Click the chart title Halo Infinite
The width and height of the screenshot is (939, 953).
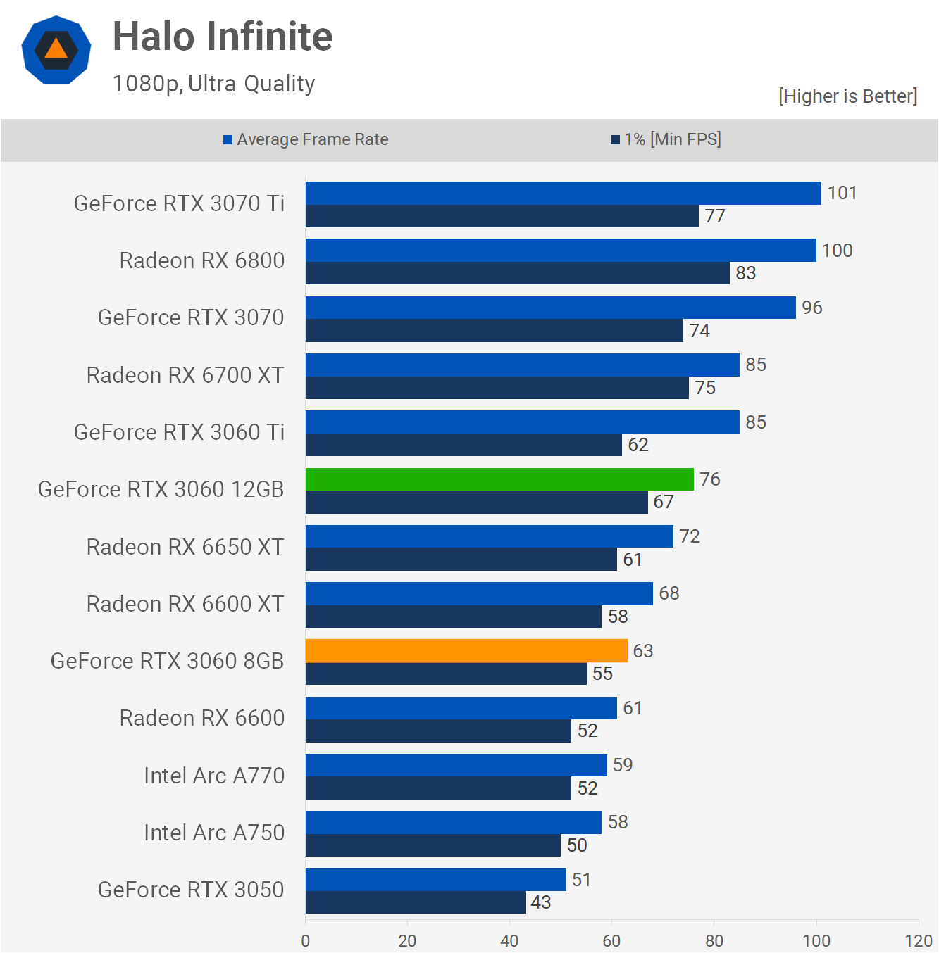pos(223,37)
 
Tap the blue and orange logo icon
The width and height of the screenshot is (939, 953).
pos(56,50)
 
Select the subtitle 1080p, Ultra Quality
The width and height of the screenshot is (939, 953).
pos(213,84)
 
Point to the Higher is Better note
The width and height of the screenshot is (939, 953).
pos(847,96)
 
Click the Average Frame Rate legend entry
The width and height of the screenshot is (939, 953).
pos(306,139)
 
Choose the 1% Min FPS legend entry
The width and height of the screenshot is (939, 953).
pos(666,139)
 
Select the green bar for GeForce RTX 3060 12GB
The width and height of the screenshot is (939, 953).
pos(499,479)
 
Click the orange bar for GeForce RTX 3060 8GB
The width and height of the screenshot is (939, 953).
pos(466,650)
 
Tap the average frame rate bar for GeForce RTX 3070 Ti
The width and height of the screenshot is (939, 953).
pos(563,194)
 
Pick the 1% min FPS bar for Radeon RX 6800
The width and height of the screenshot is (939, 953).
pos(517,273)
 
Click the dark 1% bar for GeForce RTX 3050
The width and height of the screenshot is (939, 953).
pos(416,902)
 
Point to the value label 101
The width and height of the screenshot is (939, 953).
pos(842,193)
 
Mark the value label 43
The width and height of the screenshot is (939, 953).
pos(540,902)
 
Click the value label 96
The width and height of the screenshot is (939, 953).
pos(811,308)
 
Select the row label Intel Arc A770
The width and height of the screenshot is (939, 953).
pos(214,776)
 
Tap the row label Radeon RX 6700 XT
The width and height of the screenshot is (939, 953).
pos(185,375)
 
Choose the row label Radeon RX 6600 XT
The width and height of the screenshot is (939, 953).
pos(185,604)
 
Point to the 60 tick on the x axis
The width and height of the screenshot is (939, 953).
pos(611,940)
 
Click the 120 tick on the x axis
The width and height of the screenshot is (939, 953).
pos(918,940)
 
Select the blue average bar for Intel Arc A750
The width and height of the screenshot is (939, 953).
pos(453,822)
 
